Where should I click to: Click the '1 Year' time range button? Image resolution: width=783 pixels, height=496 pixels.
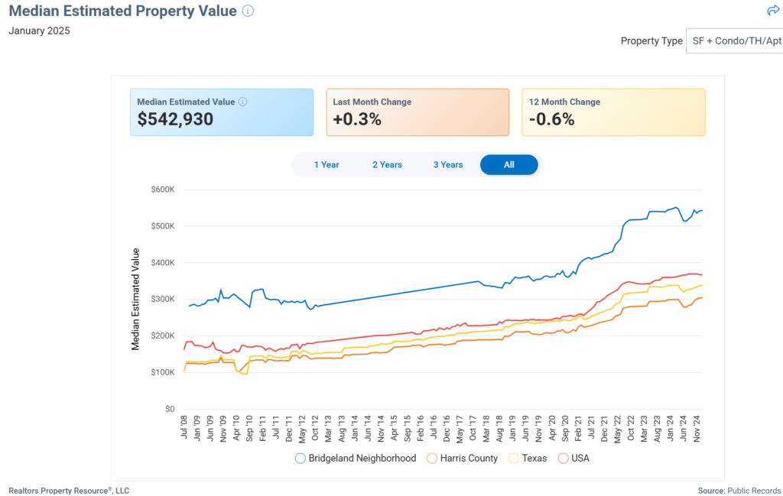point(327,164)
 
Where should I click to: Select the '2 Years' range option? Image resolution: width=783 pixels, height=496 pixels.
point(387,164)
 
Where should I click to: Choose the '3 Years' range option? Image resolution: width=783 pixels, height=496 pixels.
point(448,164)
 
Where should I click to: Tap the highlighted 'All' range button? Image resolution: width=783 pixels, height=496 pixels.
point(509,164)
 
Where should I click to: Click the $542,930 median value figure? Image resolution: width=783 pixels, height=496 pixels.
point(175,119)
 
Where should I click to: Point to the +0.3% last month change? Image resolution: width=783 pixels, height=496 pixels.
point(357,119)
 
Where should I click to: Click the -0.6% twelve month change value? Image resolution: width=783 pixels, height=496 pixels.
point(551,119)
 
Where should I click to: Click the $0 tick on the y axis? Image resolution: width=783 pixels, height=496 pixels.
point(170,409)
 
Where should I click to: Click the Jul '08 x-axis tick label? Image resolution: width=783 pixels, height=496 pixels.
point(184,426)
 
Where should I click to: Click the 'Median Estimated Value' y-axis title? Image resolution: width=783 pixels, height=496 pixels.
point(135,299)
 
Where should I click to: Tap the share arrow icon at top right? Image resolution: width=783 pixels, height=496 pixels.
point(772,10)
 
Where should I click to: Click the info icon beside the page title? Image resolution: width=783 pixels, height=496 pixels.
point(248,11)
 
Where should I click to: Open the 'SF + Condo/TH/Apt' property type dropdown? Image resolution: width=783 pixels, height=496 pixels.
point(734,41)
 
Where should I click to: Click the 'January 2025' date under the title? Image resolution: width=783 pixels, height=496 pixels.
point(40,31)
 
